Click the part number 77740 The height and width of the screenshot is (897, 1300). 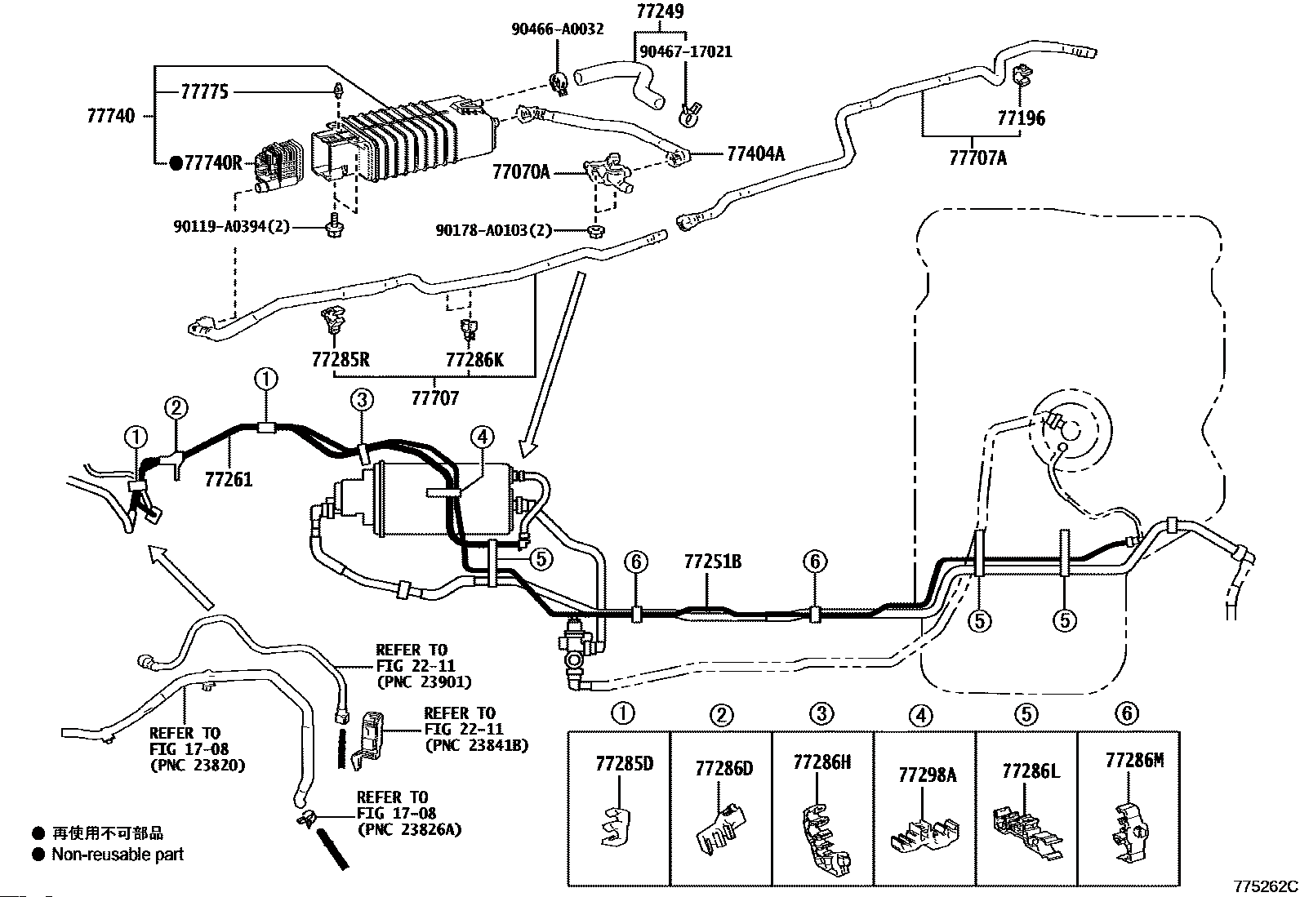pos(111,116)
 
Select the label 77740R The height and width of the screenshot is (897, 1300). pos(213,163)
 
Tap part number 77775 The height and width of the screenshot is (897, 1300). pos(205,91)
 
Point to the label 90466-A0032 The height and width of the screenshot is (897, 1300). pos(557,29)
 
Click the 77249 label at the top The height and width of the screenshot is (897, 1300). pos(660,11)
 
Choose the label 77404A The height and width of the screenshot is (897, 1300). pos(755,153)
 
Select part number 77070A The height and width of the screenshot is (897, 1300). pos(521,172)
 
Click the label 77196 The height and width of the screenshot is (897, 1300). pos(1021,118)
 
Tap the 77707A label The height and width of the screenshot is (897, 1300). pos(978,158)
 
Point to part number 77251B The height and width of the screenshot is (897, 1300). pos(713,562)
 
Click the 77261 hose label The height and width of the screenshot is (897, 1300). pos(229,479)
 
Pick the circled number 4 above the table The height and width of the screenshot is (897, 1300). pos(921,715)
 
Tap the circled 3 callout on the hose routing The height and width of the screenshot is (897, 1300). pos(362,400)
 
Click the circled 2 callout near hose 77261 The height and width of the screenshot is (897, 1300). pos(176,407)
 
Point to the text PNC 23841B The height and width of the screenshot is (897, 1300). pos(476,745)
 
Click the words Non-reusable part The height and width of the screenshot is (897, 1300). pos(118,854)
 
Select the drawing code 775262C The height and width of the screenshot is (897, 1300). pos(1265,886)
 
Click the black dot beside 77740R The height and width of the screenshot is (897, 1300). pos(176,163)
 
